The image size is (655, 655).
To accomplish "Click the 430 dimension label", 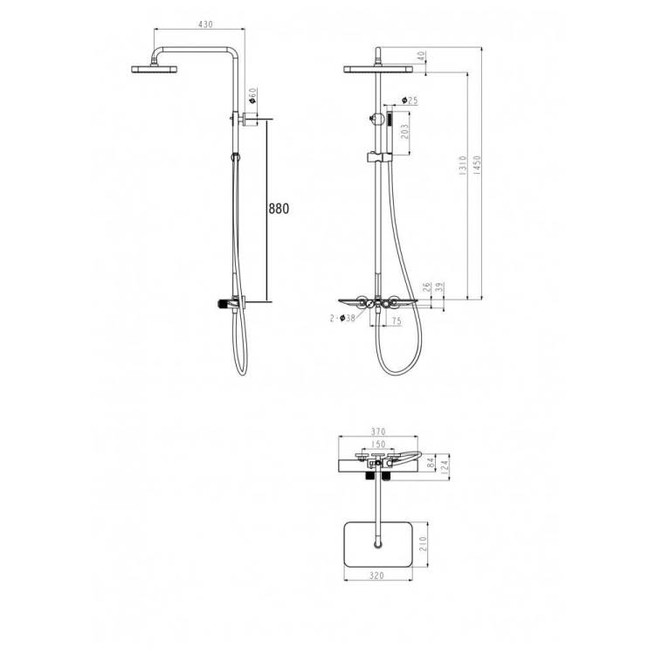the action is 205,24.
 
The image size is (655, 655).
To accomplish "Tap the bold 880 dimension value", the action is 279,209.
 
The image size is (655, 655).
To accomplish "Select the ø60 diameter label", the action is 252,96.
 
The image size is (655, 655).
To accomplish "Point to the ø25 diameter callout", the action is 410,100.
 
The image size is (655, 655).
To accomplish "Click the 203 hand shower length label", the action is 404,132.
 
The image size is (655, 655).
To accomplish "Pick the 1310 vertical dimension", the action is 462,165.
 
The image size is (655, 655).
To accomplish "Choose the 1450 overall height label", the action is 478,165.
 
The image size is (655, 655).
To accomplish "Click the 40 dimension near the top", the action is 421,56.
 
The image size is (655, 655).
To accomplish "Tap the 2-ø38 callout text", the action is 342,318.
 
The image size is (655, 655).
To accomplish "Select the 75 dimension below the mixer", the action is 396,321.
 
